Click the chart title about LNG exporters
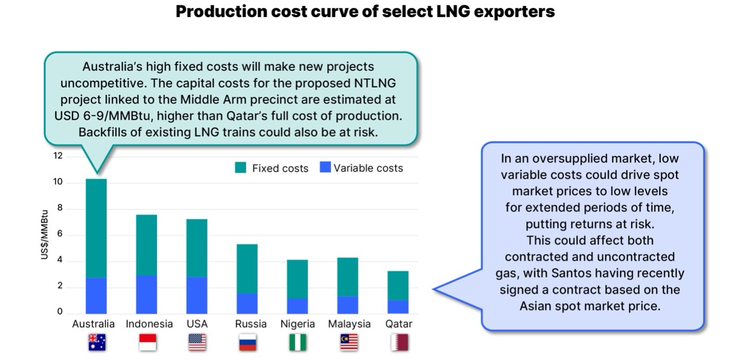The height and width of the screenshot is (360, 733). pyautogui.click(x=365, y=12)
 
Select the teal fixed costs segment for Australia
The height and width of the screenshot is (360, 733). pyautogui.click(x=96, y=228)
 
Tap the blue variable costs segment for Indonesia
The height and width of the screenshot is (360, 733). pyautogui.click(x=146, y=294)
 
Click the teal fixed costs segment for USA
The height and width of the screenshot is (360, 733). pyautogui.click(x=196, y=247)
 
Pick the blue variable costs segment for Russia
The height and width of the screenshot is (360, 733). pyautogui.click(x=247, y=303)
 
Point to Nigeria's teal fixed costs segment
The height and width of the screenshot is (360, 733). pyautogui.click(x=297, y=279)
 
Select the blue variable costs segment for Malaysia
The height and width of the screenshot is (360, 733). pyautogui.click(x=348, y=304)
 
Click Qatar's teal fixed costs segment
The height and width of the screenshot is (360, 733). pyautogui.click(x=398, y=286)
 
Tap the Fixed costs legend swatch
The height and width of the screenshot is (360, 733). pyautogui.click(x=240, y=168)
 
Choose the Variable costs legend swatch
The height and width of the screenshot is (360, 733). pyautogui.click(x=325, y=168)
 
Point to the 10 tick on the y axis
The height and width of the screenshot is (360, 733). pyautogui.click(x=57, y=182)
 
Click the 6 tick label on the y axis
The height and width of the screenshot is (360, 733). pyautogui.click(x=59, y=234)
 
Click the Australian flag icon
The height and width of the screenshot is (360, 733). pyautogui.click(x=97, y=342)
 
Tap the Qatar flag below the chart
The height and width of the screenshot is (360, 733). pyautogui.click(x=399, y=342)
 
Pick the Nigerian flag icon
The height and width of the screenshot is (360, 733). pyautogui.click(x=297, y=342)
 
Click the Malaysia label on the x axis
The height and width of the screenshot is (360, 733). pyautogui.click(x=349, y=324)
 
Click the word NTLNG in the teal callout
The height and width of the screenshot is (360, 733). pyautogui.click(x=375, y=84)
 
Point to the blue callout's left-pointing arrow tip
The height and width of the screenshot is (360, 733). pyautogui.click(x=435, y=289)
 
